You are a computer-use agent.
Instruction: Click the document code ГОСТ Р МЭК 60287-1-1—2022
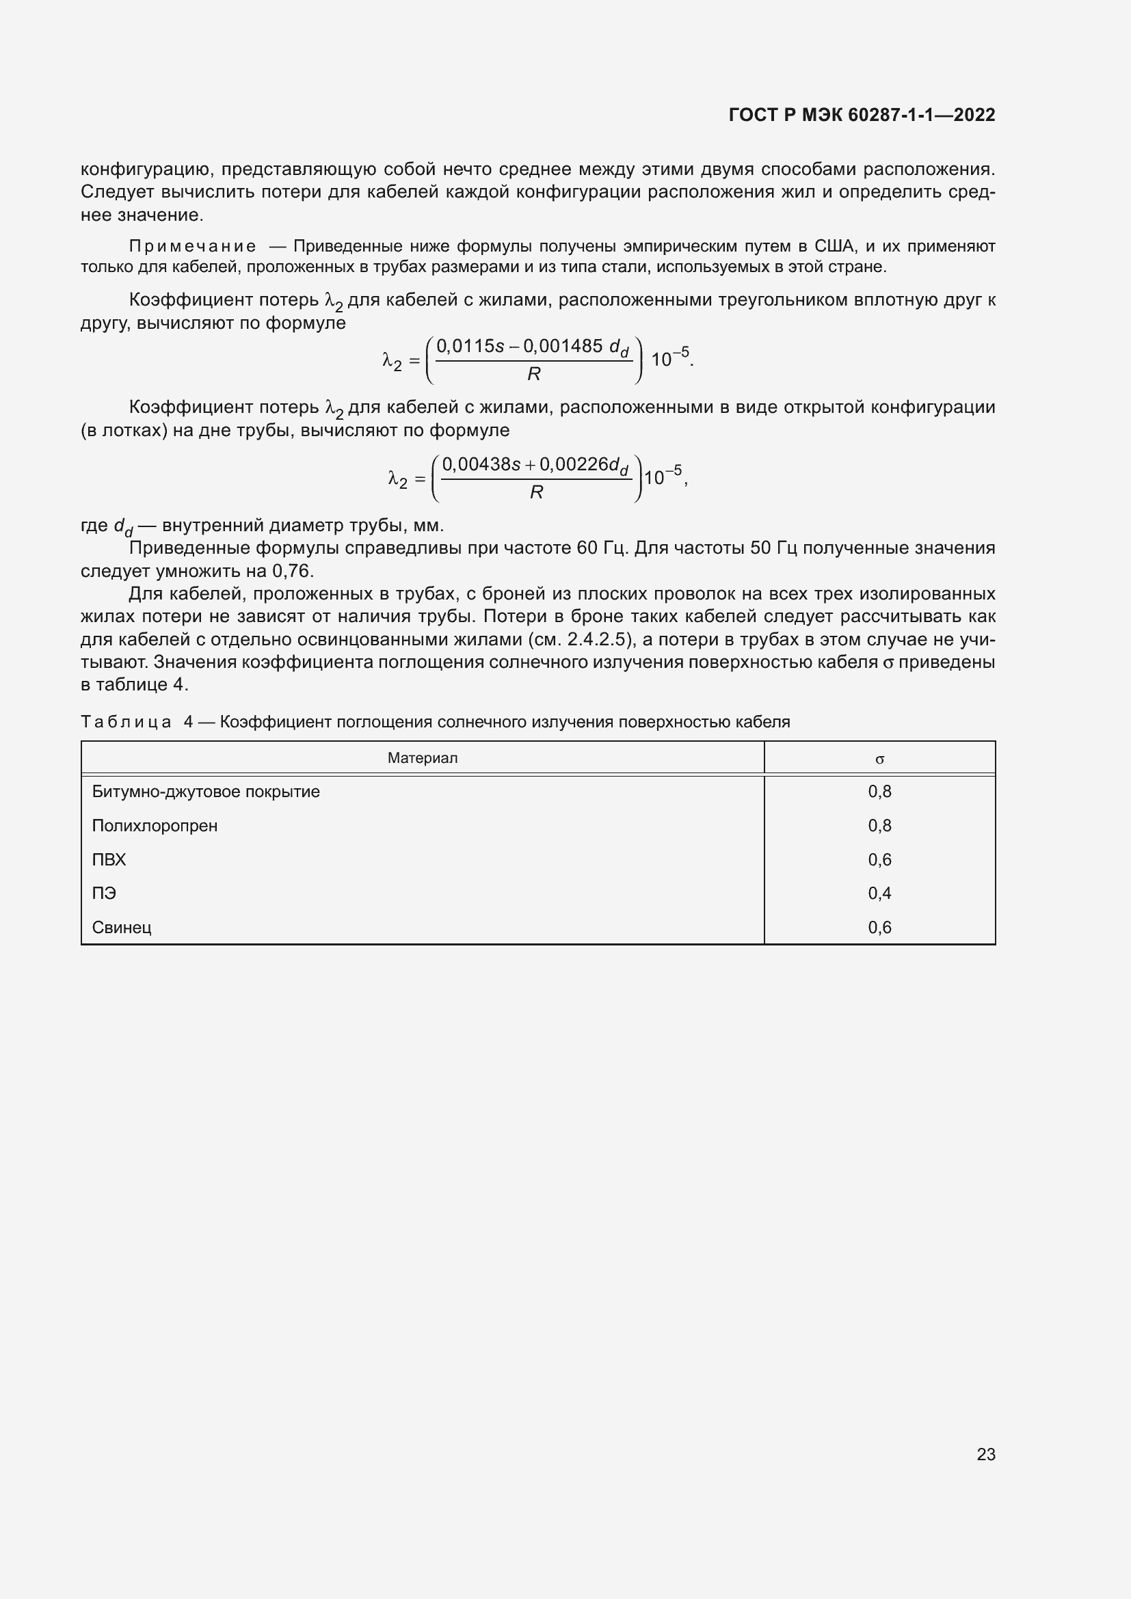point(862,115)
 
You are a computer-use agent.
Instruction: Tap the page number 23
point(985,1454)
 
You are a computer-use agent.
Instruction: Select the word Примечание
point(192,246)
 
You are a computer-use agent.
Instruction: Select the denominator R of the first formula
point(534,374)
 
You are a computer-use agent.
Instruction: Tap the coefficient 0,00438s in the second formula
point(481,464)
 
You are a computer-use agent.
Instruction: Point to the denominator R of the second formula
point(536,492)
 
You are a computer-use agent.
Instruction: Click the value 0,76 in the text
point(293,571)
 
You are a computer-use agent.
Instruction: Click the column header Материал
point(423,757)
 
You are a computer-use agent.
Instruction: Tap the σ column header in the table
point(879,759)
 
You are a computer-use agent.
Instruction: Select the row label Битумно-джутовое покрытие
point(206,792)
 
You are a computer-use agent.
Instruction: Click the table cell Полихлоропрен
point(155,826)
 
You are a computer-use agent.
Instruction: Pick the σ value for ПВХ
point(879,860)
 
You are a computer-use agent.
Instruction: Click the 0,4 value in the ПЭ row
point(879,893)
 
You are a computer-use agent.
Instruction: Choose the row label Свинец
point(122,928)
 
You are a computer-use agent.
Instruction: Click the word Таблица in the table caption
point(126,722)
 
